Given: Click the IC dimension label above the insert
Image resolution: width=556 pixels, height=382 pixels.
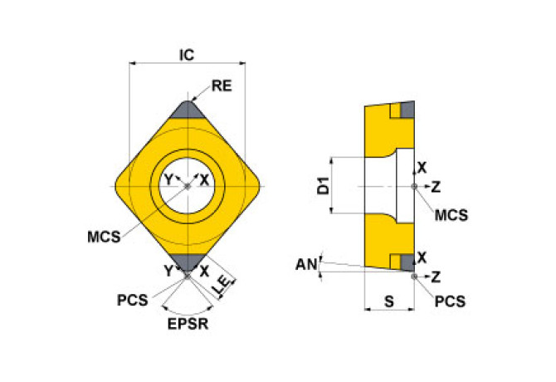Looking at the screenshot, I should [187, 54].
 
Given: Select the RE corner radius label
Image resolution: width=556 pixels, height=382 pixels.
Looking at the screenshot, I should [221, 86].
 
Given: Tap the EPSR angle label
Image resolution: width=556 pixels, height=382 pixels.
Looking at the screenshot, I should [187, 324].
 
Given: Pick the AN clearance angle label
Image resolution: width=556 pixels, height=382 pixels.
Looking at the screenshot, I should [305, 264].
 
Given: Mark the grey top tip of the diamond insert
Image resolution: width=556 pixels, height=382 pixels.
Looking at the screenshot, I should [187, 109].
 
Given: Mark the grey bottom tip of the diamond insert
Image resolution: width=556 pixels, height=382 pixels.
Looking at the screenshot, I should [187, 263].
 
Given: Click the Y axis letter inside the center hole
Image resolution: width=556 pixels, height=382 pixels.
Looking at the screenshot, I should [168, 180].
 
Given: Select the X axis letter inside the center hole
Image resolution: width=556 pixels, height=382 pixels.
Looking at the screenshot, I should [206, 180].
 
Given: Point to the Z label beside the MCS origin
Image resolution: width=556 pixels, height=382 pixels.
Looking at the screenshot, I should [437, 187].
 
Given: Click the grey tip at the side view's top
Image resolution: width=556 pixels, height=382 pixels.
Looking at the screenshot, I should [407, 110].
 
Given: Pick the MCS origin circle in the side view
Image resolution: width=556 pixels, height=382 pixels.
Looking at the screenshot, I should [414, 187].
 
